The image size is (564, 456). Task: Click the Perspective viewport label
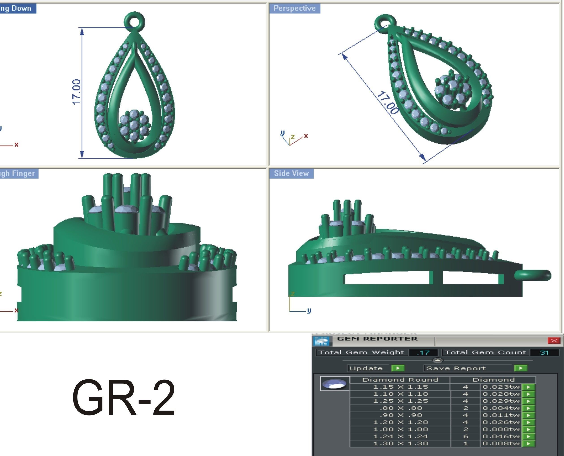click(294, 9)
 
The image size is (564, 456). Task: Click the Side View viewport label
click(291, 174)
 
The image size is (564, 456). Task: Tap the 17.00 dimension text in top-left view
click(76, 92)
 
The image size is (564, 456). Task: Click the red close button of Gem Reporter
click(554, 341)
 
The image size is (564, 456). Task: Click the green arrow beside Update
click(398, 368)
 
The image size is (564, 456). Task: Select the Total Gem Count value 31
click(544, 353)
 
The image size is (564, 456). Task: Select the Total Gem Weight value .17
click(423, 353)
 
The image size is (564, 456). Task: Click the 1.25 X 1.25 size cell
click(400, 401)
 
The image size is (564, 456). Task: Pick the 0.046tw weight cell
click(501, 436)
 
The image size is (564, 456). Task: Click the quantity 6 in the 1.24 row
click(465, 436)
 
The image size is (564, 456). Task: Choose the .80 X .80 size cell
click(400, 408)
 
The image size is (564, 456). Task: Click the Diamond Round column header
click(400, 380)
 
